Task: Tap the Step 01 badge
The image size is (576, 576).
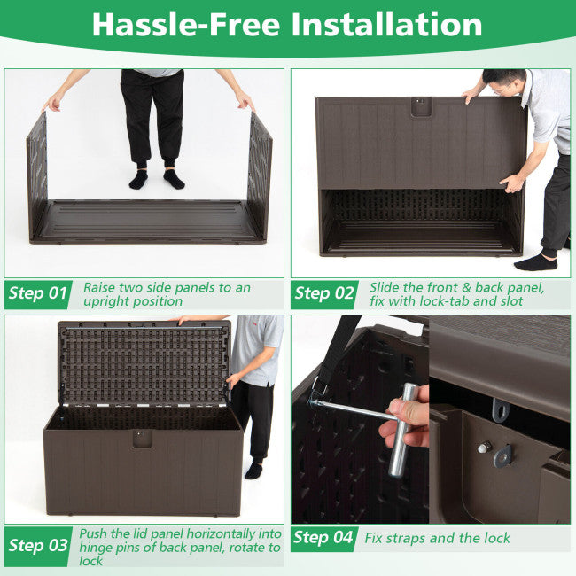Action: tap(39, 293)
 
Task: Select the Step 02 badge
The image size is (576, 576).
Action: tap(324, 293)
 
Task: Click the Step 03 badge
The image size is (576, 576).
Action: tap(39, 545)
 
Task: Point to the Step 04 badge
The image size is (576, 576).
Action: tap(324, 537)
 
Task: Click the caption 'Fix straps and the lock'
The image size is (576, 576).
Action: tap(436, 538)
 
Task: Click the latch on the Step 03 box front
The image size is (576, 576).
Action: tap(141, 439)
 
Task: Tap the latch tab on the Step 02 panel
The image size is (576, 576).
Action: tap(421, 106)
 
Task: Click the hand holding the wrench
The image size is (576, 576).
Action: tap(408, 424)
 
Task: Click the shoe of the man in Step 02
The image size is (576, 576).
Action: tap(535, 261)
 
